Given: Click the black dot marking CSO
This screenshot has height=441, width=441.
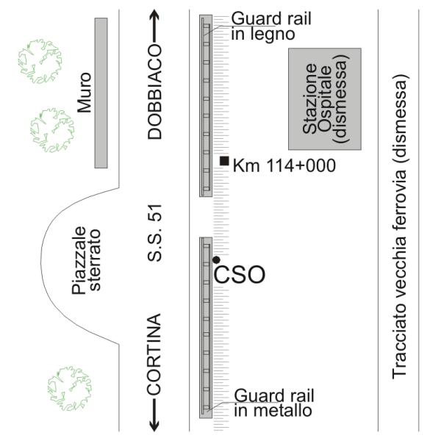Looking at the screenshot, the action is pos(216,260).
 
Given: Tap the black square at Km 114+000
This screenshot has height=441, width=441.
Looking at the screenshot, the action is pos(224,161).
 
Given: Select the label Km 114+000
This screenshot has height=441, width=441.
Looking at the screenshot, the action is pos(284,165).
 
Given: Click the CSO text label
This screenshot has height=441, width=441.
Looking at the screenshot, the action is pos(240,275).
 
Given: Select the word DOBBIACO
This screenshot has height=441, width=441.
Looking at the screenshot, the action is pos(154,91).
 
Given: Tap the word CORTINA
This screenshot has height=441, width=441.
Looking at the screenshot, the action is pos(154,354).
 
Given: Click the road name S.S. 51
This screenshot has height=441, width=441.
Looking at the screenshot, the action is pos(154,233).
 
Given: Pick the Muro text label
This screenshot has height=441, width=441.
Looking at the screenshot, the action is pos(85,93).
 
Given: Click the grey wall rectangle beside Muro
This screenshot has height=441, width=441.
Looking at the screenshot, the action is pos(101,93).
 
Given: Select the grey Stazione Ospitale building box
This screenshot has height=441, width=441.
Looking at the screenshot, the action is pos(325,98).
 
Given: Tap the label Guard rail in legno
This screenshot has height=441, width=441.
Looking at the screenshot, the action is pos(271,26).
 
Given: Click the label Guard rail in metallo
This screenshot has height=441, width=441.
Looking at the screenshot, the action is pos(274,403).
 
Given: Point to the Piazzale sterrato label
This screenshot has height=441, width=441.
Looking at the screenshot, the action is pos(86,260).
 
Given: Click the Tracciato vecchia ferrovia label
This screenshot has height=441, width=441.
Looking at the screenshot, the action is pos(400,226).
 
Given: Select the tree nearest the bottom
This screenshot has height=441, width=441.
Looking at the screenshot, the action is pos(70,388).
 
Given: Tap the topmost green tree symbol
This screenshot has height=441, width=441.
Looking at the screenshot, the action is pos(40,62).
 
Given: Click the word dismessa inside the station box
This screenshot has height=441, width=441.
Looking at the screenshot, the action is pos(342,98).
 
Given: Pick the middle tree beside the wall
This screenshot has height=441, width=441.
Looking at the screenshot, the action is pos(52,130).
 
